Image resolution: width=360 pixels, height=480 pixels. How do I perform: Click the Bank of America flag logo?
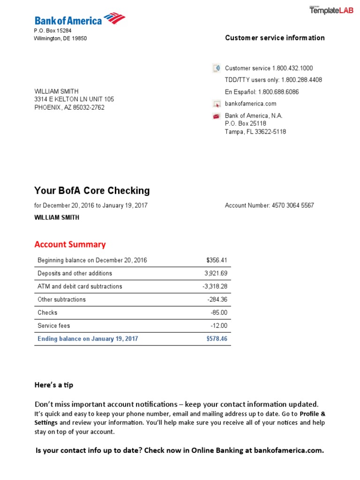114,19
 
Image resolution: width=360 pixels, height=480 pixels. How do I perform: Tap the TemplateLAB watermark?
331,11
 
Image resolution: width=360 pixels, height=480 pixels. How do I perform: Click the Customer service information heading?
275,38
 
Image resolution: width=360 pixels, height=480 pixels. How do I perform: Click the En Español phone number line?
262,92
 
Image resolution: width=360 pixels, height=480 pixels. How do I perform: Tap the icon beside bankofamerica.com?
217,104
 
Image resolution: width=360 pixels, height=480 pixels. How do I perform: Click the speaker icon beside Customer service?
217,68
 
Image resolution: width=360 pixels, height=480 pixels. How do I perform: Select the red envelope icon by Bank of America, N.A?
217,116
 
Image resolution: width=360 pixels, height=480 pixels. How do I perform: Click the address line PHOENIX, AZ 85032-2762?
69,107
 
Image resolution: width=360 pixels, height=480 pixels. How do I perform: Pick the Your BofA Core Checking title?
92,191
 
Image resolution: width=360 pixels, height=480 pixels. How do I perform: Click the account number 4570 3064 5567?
293,205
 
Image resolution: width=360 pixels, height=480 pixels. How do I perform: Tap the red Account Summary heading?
70,244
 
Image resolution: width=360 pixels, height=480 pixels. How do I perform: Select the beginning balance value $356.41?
217,260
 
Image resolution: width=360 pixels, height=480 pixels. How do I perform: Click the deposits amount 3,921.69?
216,273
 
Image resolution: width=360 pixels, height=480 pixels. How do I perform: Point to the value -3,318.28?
214,286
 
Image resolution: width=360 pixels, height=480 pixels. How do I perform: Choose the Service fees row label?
53,325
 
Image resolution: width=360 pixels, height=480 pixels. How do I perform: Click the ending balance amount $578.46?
217,338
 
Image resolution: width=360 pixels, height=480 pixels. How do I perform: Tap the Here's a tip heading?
54,385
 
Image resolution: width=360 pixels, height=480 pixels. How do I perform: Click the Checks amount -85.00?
219,313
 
